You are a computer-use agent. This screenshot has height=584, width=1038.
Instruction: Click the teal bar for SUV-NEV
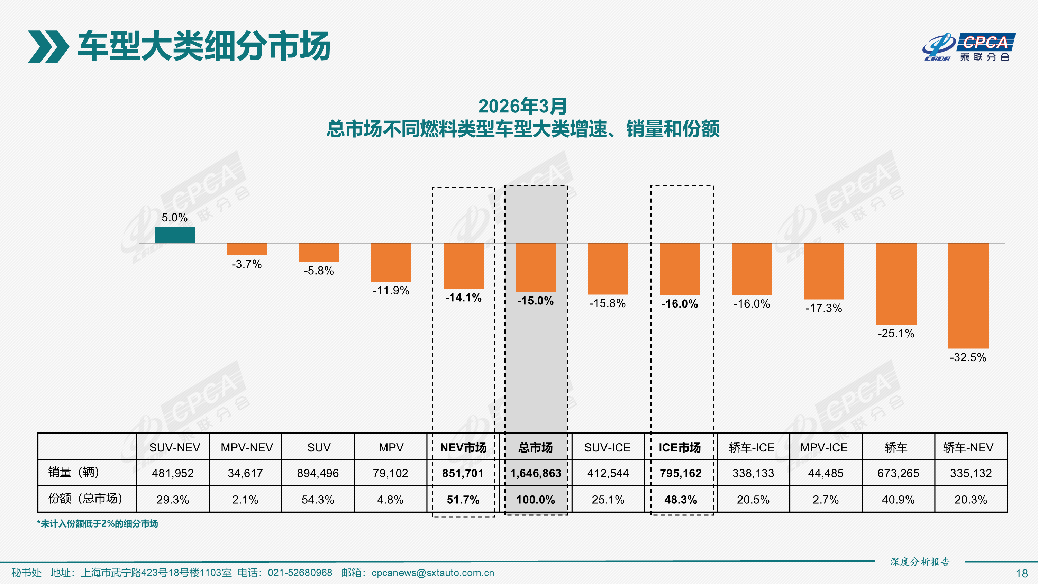coord(175,235)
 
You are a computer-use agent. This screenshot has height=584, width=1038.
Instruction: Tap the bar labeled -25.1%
coord(896,283)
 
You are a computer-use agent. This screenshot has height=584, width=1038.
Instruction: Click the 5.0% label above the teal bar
coord(174,218)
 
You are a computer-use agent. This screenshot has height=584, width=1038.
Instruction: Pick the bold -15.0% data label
coord(535,301)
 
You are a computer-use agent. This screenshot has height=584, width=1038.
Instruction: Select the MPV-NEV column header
coord(247,447)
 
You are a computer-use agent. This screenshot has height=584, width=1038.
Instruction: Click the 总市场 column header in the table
coord(535,447)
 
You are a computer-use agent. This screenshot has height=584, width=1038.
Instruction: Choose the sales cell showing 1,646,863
coord(536,473)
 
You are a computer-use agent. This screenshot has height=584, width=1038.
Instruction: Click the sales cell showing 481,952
coord(173,473)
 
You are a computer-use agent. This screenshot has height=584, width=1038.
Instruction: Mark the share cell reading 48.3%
coord(681,500)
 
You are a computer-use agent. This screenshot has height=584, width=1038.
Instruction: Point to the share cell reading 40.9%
coord(898,500)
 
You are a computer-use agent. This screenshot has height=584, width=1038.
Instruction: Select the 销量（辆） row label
coord(74,472)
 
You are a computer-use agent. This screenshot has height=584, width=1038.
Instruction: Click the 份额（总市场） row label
coord(85,499)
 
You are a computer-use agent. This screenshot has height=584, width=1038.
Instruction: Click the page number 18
coord(1021,574)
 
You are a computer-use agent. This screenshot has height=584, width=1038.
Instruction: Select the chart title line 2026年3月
coord(522,107)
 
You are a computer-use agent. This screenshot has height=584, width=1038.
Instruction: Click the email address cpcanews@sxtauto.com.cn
coord(432,573)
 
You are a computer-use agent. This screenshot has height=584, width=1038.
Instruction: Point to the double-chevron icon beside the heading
coord(48,47)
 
